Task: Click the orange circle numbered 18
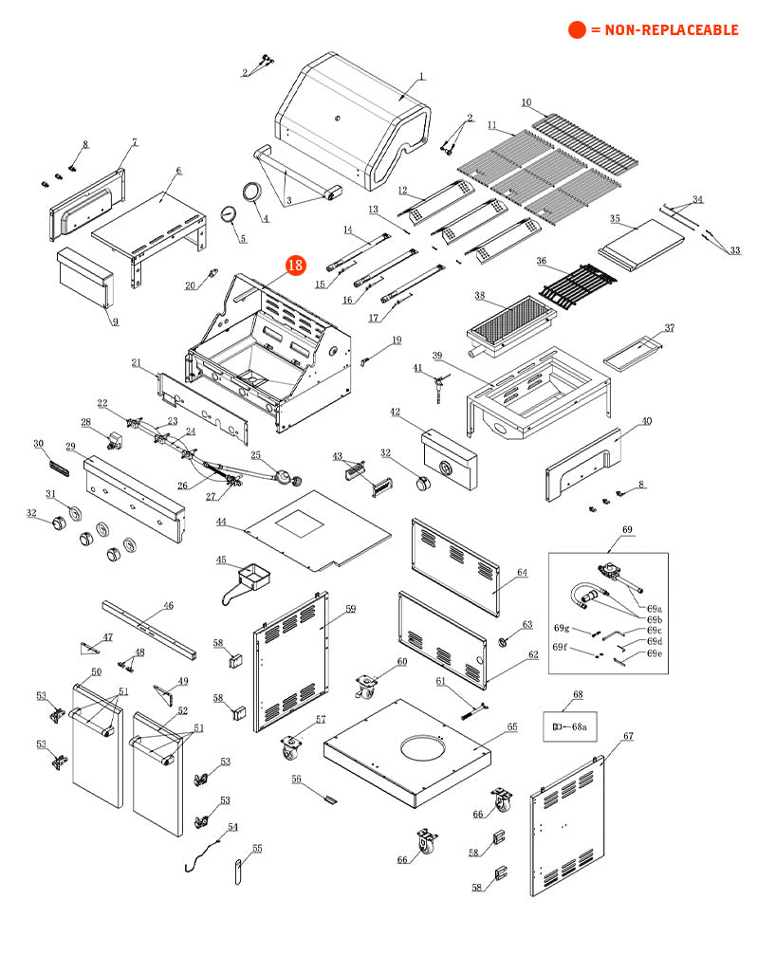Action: pyautogui.click(x=295, y=266)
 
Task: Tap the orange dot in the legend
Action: pyautogui.click(x=577, y=29)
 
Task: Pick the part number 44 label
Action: pyautogui.click(x=220, y=523)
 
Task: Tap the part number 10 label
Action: pyautogui.click(x=526, y=102)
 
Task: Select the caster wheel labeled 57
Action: pyautogui.click(x=291, y=749)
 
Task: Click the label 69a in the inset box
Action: pyautogui.click(x=655, y=608)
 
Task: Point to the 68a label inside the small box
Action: pyautogui.click(x=578, y=727)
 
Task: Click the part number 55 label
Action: pyautogui.click(x=256, y=848)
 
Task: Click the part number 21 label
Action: pyautogui.click(x=136, y=363)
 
